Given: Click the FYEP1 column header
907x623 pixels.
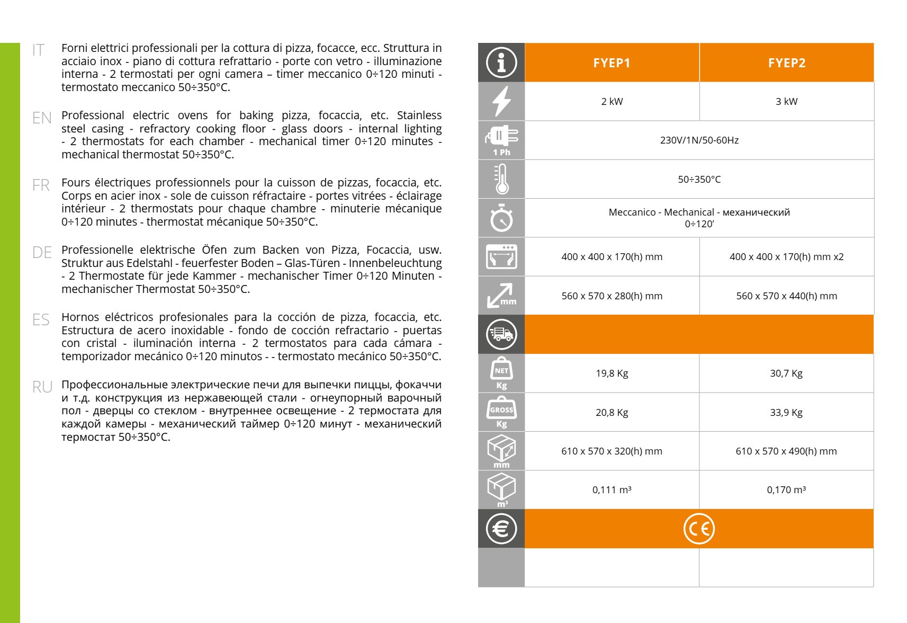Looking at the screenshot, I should [x=612, y=63].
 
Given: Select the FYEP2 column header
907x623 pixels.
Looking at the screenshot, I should [x=786, y=63].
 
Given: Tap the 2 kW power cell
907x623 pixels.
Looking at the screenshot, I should [x=612, y=102].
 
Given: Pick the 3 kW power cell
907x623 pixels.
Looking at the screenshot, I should [x=786, y=102].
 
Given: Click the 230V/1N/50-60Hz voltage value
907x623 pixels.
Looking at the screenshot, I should [x=699, y=140].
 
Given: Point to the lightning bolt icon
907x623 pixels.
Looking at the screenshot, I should [x=501, y=101].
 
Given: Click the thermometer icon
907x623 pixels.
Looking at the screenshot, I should [x=501, y=179].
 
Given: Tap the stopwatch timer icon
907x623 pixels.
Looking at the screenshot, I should [x=501, y=218].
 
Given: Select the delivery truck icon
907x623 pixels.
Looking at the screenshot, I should [x=501, y=334].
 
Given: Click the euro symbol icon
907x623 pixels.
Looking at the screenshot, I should [x=501, y=529].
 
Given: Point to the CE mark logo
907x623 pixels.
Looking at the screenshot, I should [x=699, y=529].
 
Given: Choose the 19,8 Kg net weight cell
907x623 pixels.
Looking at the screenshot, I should [x=612, y=373].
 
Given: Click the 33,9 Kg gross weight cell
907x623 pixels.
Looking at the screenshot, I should [x=786, y=413].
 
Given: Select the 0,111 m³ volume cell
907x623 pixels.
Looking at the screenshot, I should [x=612, y=490].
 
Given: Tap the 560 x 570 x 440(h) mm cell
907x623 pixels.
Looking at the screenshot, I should [x=786, y=296].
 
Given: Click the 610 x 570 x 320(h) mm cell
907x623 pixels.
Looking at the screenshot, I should [x=612, y=451].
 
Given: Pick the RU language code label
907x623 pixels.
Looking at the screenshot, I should [x=42, y=387].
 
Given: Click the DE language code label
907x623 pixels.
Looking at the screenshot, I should [x=42, y=253].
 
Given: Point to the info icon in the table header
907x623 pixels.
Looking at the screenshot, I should [x=501, y=63].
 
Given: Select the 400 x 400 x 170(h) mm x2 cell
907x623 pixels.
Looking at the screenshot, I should [x=786, y=257].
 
